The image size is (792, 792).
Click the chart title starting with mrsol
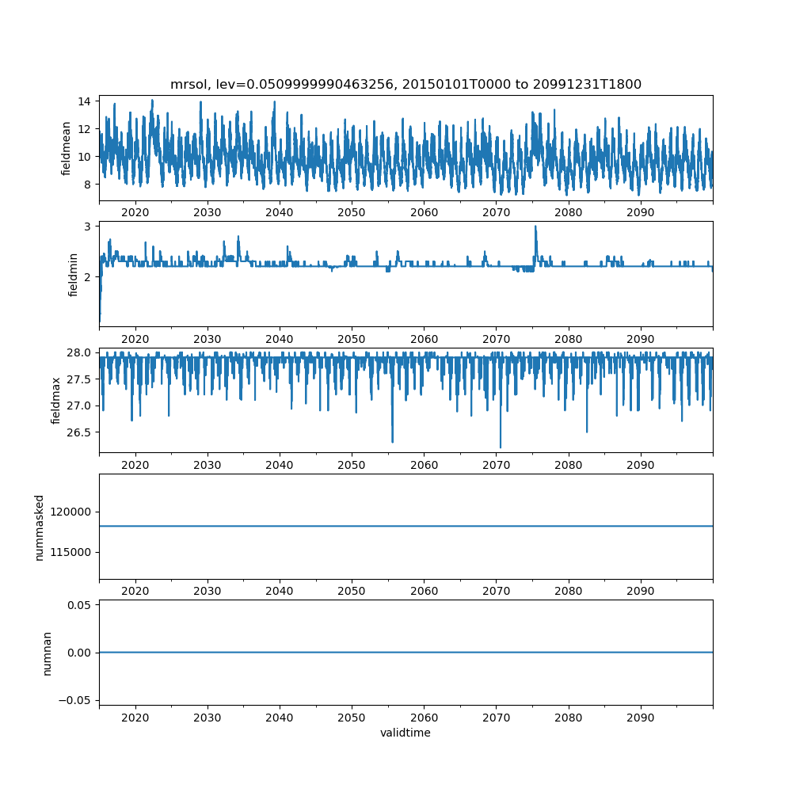(x=406, y=84)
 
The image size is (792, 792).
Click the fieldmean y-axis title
(x=66, y=149)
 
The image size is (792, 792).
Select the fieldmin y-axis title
(x=73, y=275)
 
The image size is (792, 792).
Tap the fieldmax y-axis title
(x=55, y=401)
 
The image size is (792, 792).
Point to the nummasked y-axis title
(x=40, y=527)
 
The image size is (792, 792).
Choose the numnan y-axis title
(x=47, y=653)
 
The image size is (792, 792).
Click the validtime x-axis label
(x=406, y=733)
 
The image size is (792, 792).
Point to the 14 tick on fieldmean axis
(x=84, y=101)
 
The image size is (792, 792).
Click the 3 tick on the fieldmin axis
(x=87, y=227)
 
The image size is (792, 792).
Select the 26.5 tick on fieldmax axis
(x=79, y=432)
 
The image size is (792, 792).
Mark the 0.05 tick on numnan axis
(x=79, y=605)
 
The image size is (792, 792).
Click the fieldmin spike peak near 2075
(x=535, y=227)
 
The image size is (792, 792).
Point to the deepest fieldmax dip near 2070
(x=501, y=447)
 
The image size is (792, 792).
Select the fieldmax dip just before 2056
(x=393, y=442)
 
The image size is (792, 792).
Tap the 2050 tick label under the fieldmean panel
(x=352, y=212)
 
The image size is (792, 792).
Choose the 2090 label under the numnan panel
(x=641, y=718)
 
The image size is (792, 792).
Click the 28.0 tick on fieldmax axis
(x=79, y=352)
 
